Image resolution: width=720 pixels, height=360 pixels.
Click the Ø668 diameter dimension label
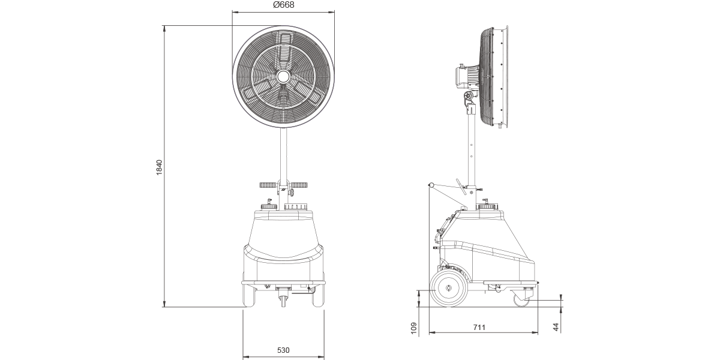(x=283, y=5)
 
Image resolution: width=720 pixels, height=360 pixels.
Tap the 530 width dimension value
(x=284, y=350)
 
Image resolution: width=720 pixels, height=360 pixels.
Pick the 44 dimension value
(x=556, y=327)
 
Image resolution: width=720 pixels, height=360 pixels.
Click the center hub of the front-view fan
(x=283, y=76)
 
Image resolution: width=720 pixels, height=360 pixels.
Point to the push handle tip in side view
(x=431, y=185)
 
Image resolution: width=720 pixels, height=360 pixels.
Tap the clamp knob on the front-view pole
(x=290, y=192)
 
